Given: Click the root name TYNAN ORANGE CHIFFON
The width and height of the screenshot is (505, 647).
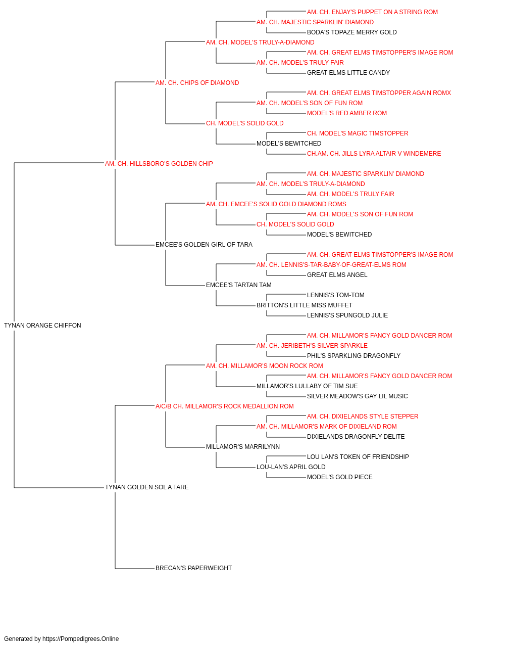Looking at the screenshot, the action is tap(42, 325).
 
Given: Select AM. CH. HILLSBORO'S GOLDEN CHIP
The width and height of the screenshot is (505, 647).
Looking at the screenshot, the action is tap(159, 163).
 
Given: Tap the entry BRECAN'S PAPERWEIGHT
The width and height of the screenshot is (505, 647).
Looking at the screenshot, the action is tap(193, 568).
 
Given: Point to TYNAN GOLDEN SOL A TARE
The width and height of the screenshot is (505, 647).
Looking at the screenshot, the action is tap(147, 487).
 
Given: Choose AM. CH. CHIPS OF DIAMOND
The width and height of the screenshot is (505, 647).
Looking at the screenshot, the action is tap(197, 83).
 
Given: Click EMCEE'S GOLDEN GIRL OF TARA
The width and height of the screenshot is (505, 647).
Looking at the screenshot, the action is tap(204, 245).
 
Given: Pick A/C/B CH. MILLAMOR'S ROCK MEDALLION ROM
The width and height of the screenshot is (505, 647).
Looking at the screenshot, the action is tap(225, 406).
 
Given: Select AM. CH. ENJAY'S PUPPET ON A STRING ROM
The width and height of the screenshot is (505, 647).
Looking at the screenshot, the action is tap(372, 12).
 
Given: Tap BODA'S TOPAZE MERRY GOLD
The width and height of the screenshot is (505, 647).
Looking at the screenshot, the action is tap(352, 32).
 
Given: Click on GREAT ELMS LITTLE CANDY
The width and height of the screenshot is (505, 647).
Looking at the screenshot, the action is tap(348, 73).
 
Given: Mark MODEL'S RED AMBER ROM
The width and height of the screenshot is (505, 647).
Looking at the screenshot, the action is tap(347, 113).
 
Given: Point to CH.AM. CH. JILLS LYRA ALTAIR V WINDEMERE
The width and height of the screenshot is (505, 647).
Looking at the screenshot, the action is tap(374, 153).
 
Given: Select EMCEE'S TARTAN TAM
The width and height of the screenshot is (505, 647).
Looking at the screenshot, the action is tap(239, 285).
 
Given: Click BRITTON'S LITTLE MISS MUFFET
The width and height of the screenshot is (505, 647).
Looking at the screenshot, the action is tap(304, 305).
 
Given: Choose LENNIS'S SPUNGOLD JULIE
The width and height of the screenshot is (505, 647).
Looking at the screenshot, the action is tap(347, 315).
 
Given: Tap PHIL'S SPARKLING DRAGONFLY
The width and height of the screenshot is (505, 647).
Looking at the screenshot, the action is tap(353, 355).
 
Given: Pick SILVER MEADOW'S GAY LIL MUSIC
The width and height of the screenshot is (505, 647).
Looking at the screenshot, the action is tap(357, 396).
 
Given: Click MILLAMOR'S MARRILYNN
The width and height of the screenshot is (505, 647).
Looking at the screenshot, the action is tap(243, 447).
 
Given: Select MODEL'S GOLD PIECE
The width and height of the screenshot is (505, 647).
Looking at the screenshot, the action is tap(340, 477).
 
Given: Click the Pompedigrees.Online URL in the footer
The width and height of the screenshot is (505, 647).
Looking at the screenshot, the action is tap(80, 639).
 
